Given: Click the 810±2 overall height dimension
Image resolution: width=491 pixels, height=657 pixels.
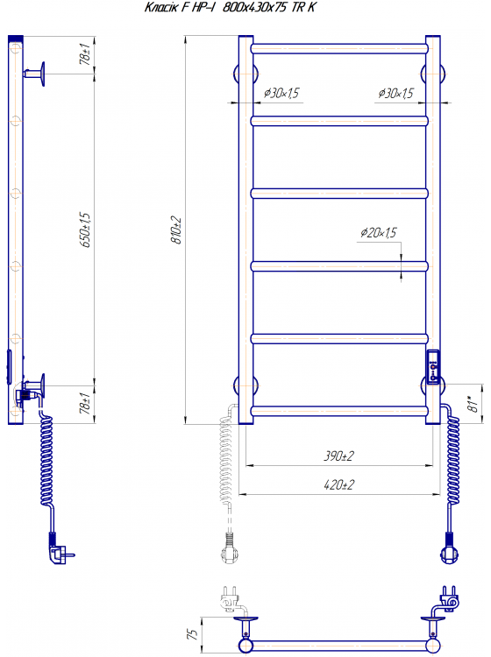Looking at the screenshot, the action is pos(177,230).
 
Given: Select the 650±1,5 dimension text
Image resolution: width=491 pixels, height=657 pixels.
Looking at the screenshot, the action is pos(85,230).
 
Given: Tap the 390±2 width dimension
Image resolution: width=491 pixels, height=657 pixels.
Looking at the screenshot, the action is pos(338,456).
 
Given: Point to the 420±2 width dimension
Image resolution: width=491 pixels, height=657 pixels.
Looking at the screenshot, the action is pos(338,484).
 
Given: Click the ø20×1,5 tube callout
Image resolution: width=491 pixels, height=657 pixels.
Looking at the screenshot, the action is pos(378,232).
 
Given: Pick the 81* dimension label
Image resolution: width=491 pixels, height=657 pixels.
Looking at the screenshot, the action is pos(473,403).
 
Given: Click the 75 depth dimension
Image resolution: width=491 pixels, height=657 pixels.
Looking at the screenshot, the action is pos(192,634).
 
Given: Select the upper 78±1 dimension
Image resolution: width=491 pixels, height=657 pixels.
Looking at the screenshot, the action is pos(85,54).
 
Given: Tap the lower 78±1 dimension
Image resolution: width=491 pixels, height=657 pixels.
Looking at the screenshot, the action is pos(85,404).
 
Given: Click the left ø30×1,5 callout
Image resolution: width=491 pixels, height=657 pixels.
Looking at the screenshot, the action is pos(281,93).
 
